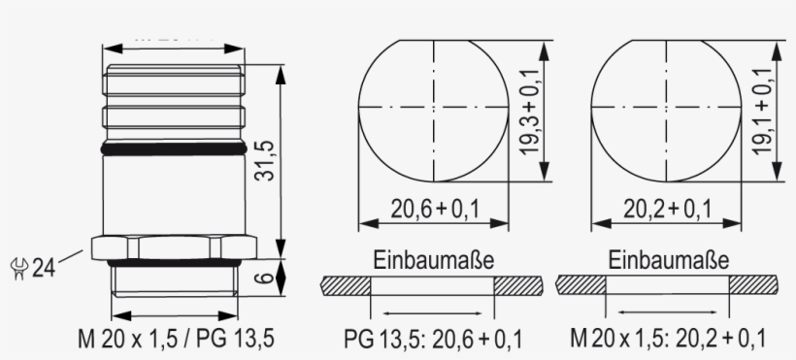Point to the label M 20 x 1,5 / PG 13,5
[176, 340]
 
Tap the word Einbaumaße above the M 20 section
[668, 261]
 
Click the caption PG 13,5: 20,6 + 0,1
[433, 340]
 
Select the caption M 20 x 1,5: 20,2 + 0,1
[668, 340]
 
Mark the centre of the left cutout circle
[434, 107]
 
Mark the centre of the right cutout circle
[666, 107]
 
